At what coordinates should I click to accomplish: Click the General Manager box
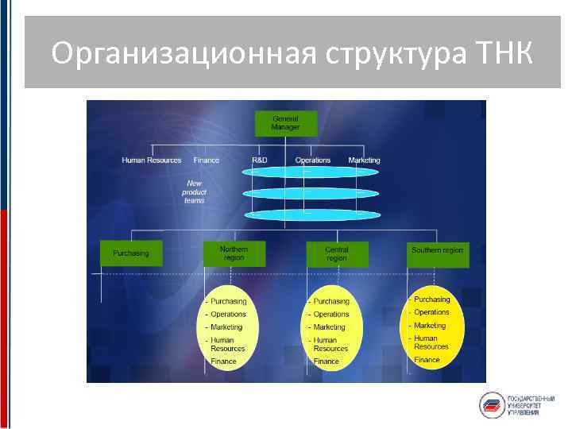point(285,123)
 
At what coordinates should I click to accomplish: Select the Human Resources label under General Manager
point(152,160)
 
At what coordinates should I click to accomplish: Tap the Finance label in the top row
point(206,160)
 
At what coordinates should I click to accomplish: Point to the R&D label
point(260,160)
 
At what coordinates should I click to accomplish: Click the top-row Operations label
point(313,160)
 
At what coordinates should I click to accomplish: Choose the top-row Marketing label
point(364,160)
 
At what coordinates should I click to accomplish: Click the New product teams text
point(195,192)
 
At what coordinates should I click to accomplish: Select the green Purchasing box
point(131,253)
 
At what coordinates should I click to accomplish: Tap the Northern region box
point(234,253)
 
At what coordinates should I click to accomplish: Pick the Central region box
point(337,253)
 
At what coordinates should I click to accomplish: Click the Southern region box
point(437,251)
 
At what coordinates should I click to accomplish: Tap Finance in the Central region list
point(327,361)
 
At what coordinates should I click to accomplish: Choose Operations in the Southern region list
point(431,312)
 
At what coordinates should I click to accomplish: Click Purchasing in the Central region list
point(331,302)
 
